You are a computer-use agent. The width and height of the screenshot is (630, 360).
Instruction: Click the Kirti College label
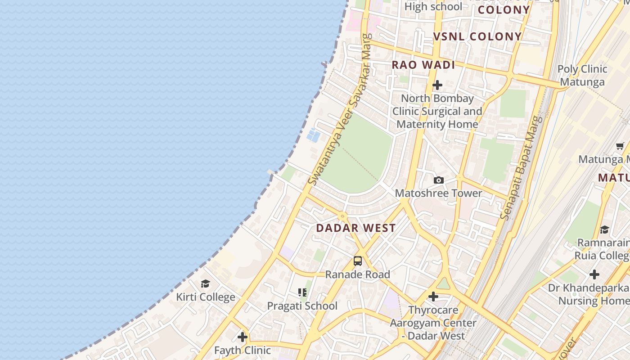pos(205,297)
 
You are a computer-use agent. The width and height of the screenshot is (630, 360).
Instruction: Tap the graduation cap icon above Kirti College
pos(205,283)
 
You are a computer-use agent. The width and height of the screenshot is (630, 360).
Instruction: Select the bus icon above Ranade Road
pos(358,261)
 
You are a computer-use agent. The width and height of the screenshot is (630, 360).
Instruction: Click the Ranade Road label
pos(358,274)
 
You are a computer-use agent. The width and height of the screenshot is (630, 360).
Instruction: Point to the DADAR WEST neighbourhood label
pos(356,228)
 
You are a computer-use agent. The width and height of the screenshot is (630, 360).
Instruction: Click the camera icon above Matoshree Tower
pos(439,180)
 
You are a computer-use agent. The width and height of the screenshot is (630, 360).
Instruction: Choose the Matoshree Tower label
pos(439,193)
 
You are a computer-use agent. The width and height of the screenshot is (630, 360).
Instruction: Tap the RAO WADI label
pos(423,65)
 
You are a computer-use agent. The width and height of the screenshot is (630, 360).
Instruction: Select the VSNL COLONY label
pos(477,37)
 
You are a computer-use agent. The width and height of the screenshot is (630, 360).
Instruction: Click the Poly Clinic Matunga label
pos(582,76)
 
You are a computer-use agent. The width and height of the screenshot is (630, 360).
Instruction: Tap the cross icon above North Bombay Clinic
pos(437,85)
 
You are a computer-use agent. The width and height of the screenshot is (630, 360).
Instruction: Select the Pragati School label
pos(302,306)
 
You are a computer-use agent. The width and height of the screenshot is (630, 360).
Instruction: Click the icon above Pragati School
pos(302,292)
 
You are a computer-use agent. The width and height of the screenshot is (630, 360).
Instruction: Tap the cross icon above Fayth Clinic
pos(243,337)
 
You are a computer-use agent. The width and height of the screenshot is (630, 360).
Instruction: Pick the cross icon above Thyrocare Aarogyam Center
pos(433,297)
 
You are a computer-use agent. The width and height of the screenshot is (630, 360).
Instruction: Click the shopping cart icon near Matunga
pos(620,146)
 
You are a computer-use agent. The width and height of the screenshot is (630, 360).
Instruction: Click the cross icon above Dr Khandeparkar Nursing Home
pos(594,274)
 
